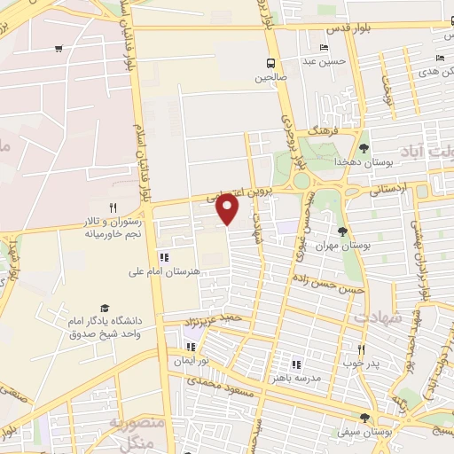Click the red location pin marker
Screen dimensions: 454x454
pos(228,207)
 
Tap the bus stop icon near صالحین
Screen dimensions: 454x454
pos(269,63)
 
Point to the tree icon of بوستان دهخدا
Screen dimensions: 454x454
pos(364,148)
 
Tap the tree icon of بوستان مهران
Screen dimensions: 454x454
pos(342,231)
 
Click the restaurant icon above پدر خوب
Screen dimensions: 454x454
pos(361,349)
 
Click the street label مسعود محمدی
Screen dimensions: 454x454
pos(224,387)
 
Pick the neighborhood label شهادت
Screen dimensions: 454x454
pos(379,317)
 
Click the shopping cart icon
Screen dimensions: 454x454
pos(59,49)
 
